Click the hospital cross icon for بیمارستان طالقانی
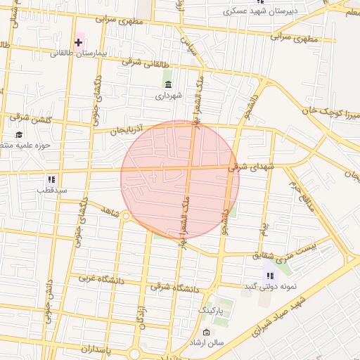click(x=78, y=43)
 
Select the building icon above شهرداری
click(x=168, y=84)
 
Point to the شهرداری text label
click(x=168, y=95)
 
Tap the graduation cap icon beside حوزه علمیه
click(x=18, y=134)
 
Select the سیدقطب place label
click(x=52, y=190)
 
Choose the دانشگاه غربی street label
click(x=96, y=278)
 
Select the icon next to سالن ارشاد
click(x=206, y=332)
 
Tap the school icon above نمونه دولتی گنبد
click(x=270, y=276)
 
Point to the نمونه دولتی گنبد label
click(x=269, y=287)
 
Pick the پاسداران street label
click(x=86, y=349)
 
